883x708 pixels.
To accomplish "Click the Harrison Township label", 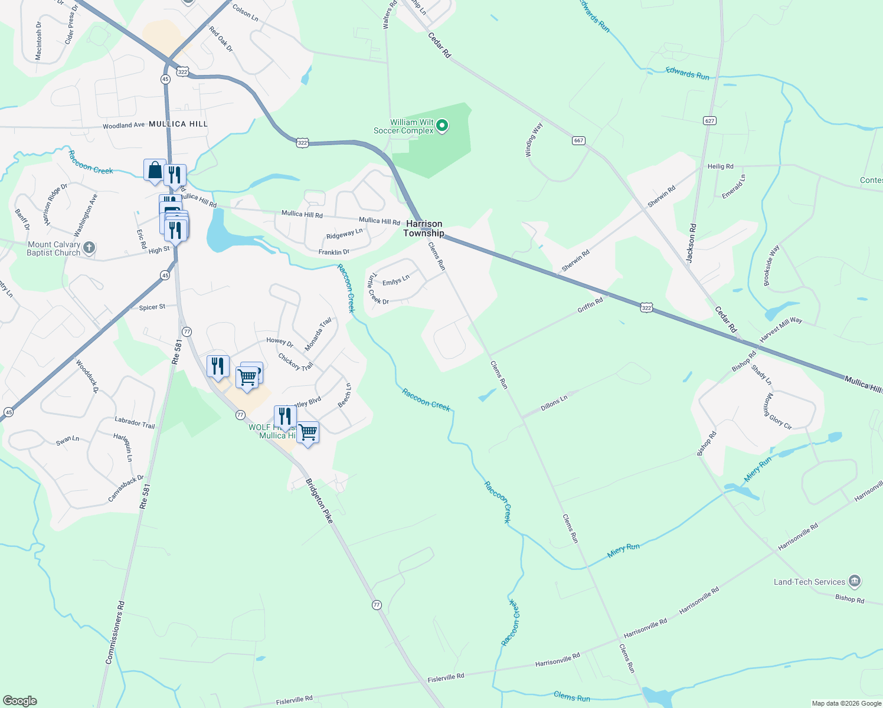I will tap(424, 228).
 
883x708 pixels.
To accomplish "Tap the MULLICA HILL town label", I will tap(178, 124).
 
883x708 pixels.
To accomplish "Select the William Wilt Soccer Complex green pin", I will tap(441, 125).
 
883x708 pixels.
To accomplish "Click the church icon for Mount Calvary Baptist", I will tap(89, 248).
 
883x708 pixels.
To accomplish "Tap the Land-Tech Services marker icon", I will tap(854, 582).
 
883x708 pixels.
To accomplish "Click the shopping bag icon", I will tap(155, 170).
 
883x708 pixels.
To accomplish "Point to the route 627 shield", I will tap(709, 120).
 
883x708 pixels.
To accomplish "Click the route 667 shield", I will tap(578, 140).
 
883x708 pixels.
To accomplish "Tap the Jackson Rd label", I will tap(692, 242).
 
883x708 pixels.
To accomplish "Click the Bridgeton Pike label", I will tap(319, 501).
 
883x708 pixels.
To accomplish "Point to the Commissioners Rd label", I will tap(115, 632).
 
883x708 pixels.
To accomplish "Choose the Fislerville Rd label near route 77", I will tap(446, 678).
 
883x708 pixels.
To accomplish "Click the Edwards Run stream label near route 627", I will tap(688, 73).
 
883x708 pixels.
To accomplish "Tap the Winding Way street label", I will tap(534, 140).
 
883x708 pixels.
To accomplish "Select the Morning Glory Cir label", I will tap(779, 411).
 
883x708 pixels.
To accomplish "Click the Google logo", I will tap(19, 701).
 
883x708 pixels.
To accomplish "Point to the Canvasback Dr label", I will tap(126, 489).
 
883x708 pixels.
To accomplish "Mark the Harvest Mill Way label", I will tap(780, 329).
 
